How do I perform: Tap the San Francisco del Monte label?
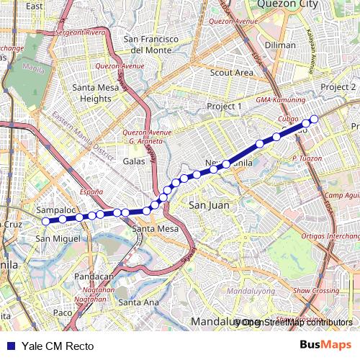coord(151,44)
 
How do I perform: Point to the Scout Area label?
coord(231,73)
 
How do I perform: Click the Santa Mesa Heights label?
coord(96,93)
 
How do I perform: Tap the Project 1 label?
coord(224,106)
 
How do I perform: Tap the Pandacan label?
coord(94,276)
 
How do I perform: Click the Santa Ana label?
coord(138,302)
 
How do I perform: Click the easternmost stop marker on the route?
coord(314,120)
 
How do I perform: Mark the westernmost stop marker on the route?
coord(45,221)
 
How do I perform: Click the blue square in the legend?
coord(7,346)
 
